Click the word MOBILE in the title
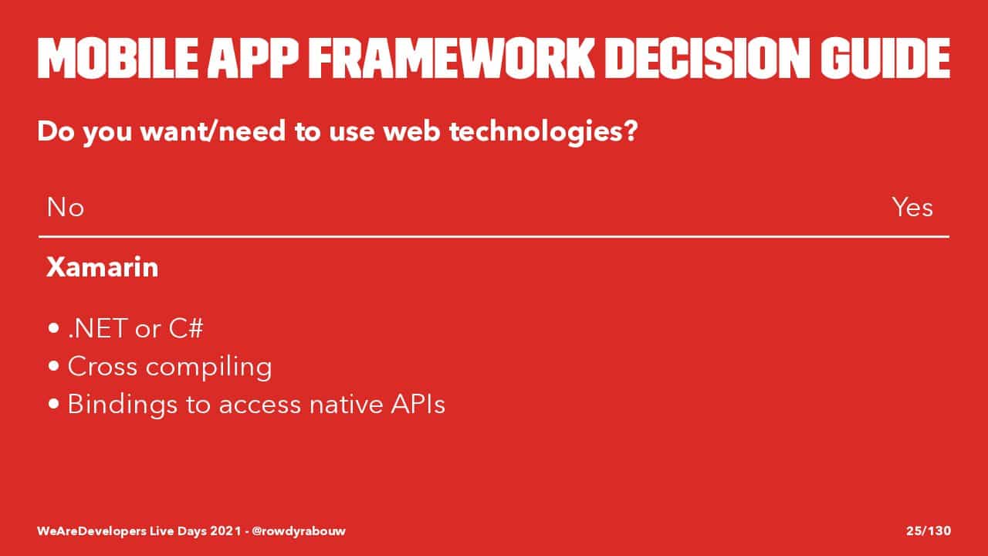[x=118, y=58]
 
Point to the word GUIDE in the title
[x=885, y=58]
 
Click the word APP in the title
[x=253, y=58]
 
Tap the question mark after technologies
[x=631, y=131]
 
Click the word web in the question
[x=411, y=131]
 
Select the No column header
[x=66, y=207]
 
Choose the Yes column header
[x=912, y=207]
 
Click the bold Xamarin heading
[x=103, y=267]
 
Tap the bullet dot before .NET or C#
[x=53, y=328]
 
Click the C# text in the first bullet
[x=186, y=328]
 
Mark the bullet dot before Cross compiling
[x=53, y=366]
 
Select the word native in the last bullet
[x=347, y=404]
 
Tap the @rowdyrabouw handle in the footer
[x=299, y=531]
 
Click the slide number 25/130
[x=929, y=531]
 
